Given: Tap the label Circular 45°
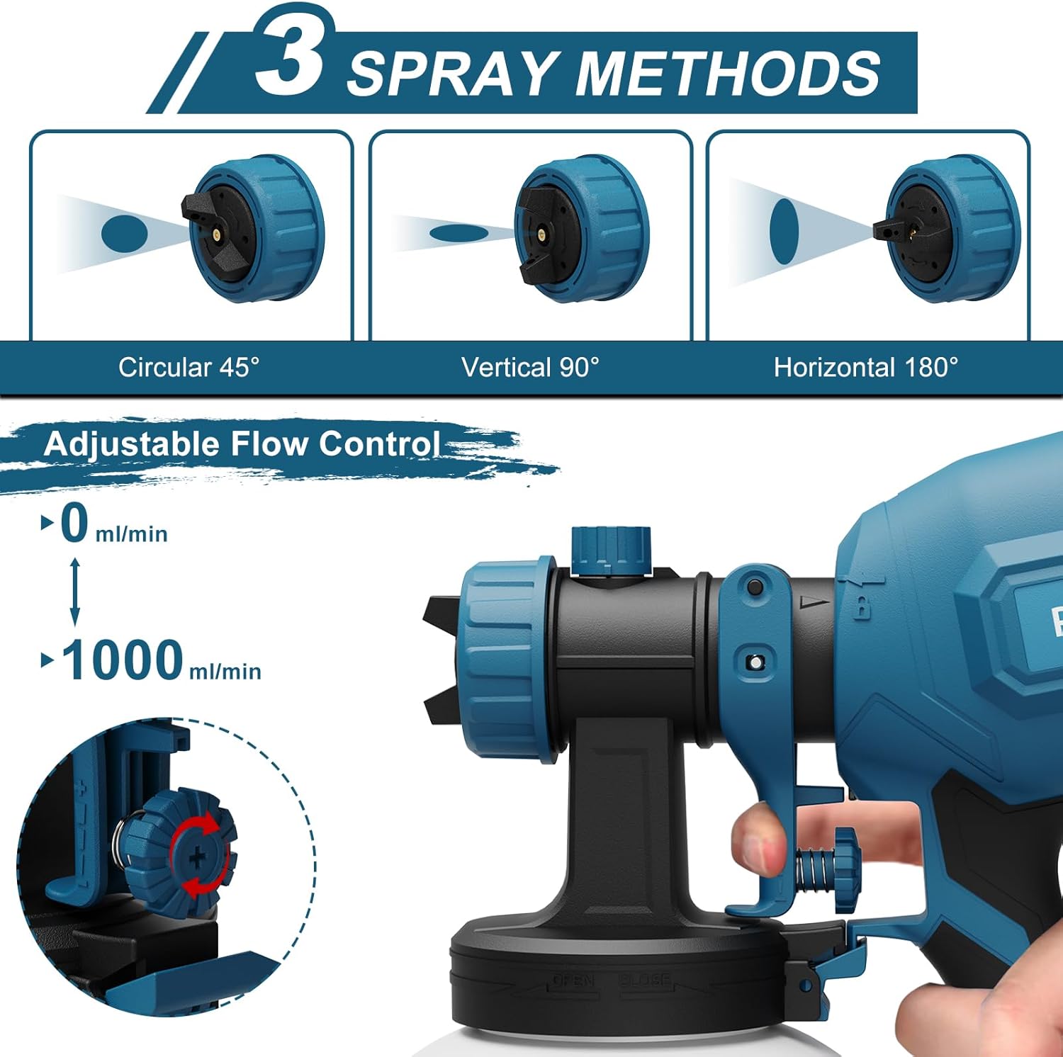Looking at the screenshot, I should click(189, 367).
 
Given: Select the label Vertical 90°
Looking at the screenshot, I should click(530, 367).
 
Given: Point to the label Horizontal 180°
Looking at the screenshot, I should click(865, 367).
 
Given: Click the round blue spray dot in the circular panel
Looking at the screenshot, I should click(124, 233).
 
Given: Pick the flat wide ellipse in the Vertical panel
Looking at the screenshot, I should click(459, 232).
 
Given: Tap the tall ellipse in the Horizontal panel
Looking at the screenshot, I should click(784, 231).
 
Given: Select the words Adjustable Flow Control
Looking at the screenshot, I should click(241, 444).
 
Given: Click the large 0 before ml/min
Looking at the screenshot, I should click(74, 524).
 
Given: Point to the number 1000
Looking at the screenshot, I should click(123, 660).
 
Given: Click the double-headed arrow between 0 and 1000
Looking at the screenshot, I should click(75, 592).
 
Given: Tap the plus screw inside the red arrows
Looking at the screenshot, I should click(199, 858).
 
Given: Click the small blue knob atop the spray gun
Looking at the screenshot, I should click(611, 549).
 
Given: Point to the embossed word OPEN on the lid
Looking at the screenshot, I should click(573, 980).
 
